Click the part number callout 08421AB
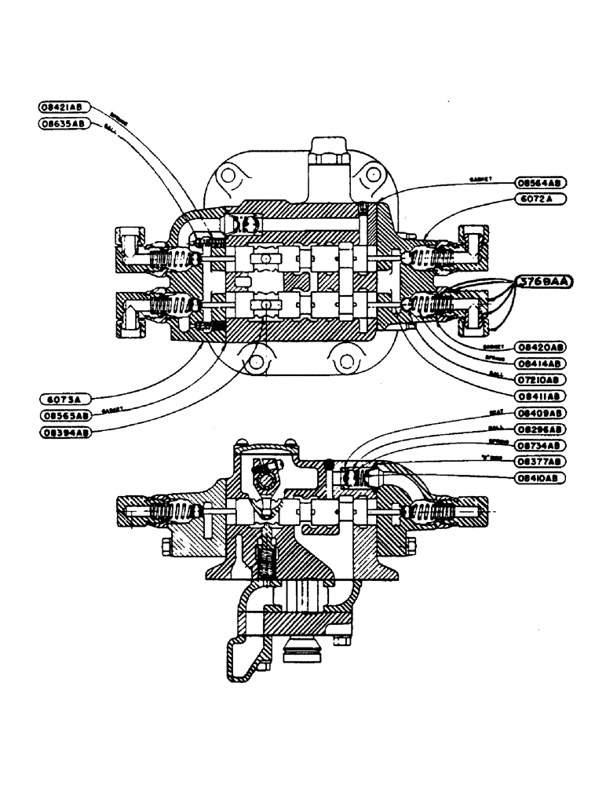click(64, 107)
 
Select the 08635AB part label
click(64, 124)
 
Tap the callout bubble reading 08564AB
click(541, 182)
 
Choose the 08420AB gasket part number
click(541, 346)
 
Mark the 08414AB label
click(541, 363)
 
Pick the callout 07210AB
click(541, 379)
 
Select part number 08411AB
click(541, 396)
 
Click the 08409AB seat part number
click(541, 412)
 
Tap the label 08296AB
click(541, 429)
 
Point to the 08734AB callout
click(541, 445)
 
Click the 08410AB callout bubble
click(541, 477)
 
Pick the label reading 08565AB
click(64, 414)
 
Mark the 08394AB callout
click(64, 432)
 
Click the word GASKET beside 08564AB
click(480, 179)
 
